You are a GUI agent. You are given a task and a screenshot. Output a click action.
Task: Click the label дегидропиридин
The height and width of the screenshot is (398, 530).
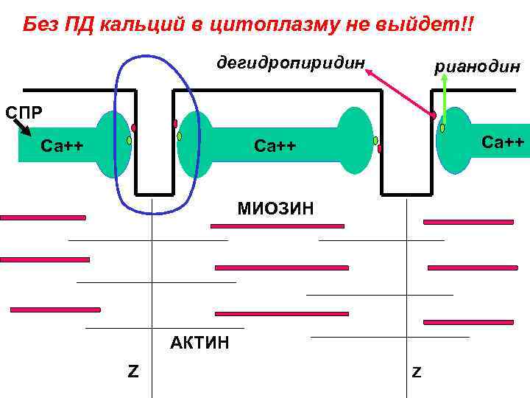291,62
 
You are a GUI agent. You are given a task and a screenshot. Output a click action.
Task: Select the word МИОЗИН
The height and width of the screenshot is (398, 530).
275,209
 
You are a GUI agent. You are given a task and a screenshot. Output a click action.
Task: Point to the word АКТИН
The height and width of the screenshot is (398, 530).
199,343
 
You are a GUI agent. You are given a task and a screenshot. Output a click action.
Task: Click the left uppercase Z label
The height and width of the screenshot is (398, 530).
132,370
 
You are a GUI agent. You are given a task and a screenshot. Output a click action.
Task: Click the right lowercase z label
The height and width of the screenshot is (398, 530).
416,372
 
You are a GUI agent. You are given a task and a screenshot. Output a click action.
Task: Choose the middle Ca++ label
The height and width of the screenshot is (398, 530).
275,146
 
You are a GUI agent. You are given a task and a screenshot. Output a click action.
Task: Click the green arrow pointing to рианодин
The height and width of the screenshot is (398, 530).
444,99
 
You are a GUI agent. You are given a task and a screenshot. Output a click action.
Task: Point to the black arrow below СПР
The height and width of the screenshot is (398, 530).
22,128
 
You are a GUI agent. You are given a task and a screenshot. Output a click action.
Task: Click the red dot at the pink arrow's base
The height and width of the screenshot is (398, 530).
434,116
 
